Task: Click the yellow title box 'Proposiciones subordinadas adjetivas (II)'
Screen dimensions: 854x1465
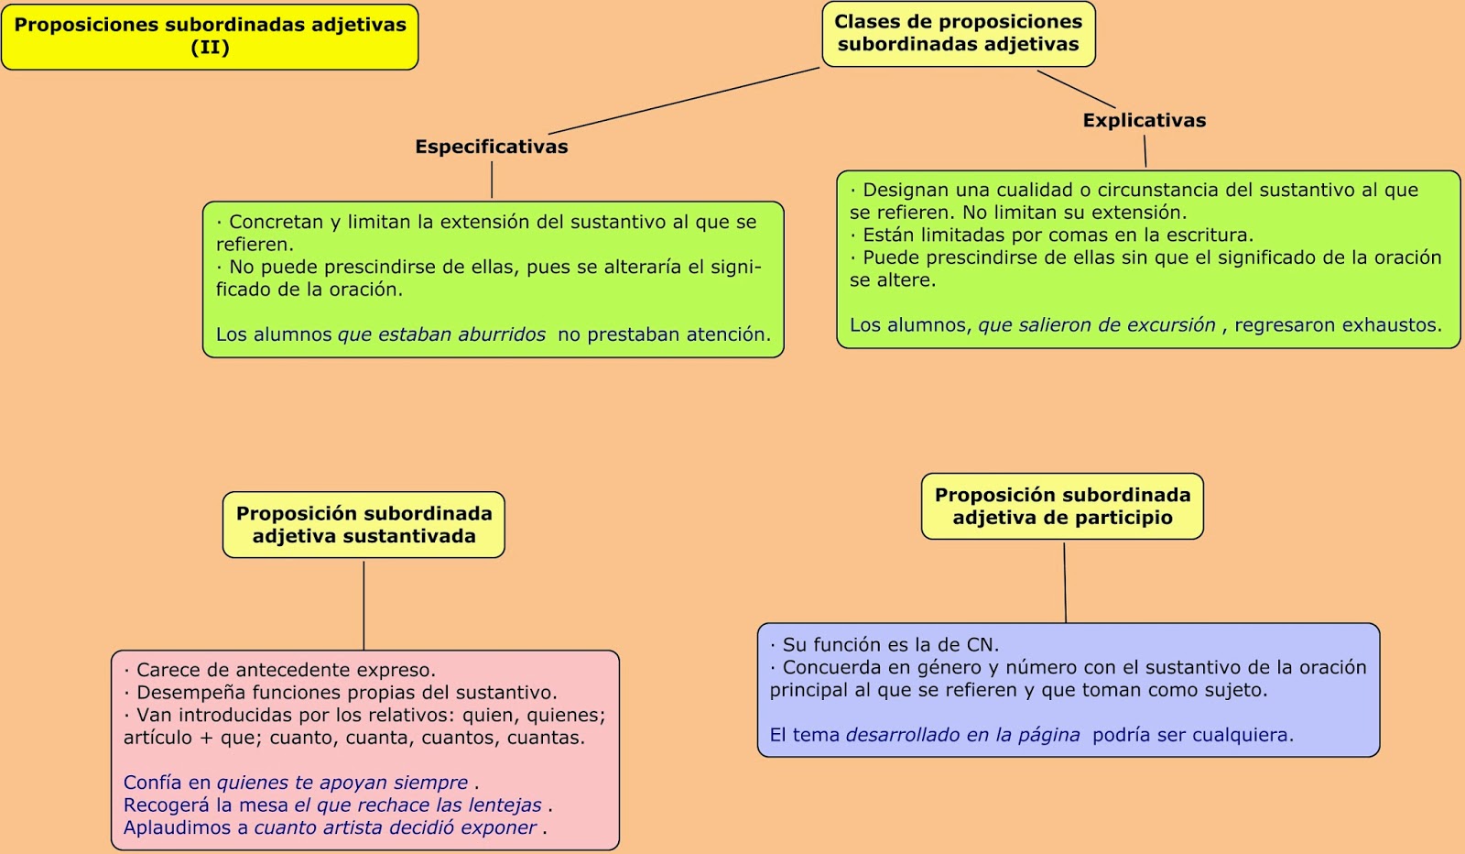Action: point(210,37)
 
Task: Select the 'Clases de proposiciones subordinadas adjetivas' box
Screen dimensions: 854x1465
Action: point(958,34)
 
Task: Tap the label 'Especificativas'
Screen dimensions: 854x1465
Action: point(491,147)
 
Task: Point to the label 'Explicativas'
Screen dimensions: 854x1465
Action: point(1144,120)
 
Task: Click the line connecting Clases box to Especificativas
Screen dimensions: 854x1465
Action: point(684,101)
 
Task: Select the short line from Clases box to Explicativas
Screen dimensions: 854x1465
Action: point(1076,89)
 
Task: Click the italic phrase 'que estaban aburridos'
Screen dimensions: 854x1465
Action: point(441,334)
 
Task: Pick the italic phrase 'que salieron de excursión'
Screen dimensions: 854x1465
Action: point(1096,325)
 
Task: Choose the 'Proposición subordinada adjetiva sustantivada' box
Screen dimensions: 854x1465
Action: point(364,525)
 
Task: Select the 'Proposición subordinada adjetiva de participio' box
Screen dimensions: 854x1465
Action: point(1062,506)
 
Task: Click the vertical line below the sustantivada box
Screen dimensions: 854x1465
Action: point(364,605)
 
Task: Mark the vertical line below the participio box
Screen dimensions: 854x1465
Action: point(1065,582)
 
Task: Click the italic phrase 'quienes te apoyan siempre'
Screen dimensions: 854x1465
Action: point(342,783)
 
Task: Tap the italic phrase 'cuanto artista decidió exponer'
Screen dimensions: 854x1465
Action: point(395,827)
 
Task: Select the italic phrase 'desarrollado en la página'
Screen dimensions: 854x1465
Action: point(962,735)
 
